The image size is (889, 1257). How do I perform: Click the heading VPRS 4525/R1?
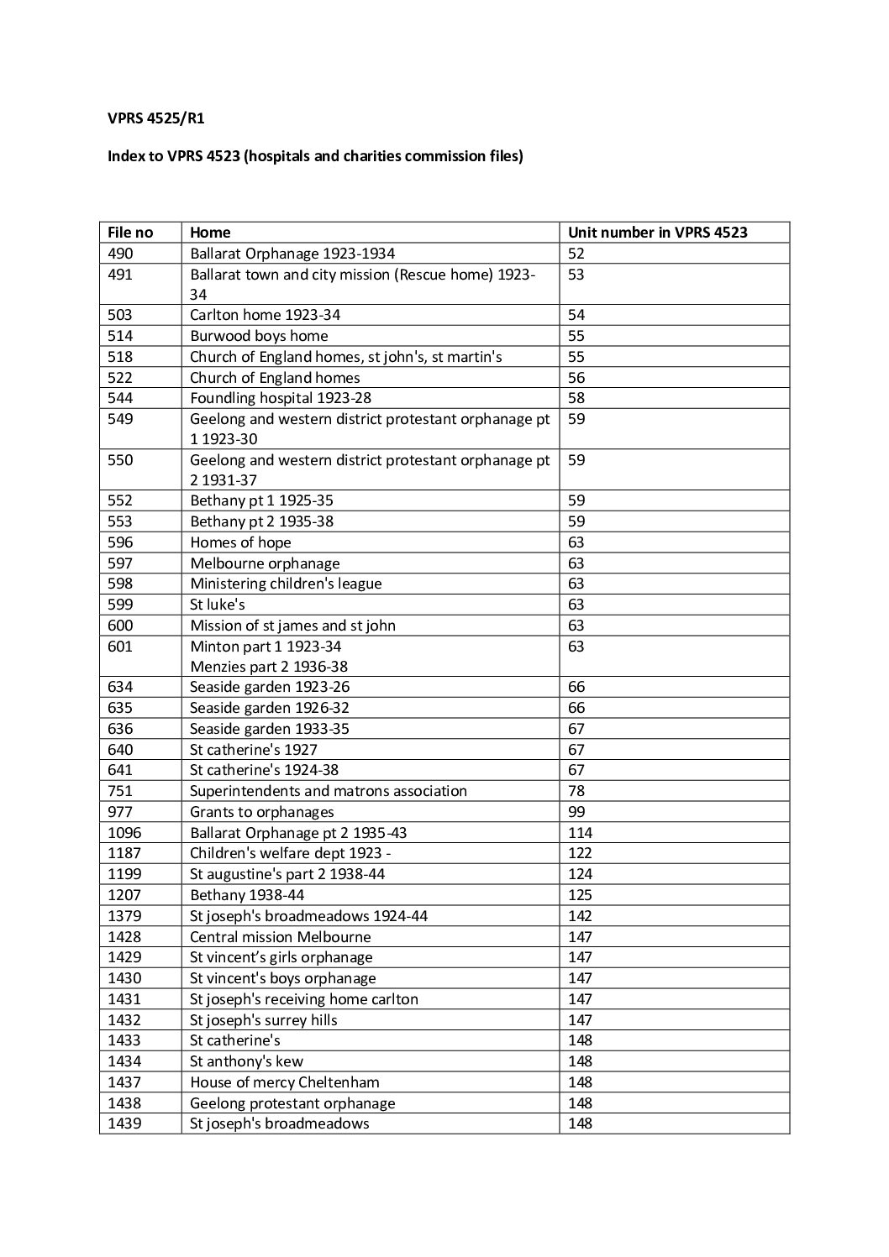(x=155, y=118)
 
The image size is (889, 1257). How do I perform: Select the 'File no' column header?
(x=130, y=233)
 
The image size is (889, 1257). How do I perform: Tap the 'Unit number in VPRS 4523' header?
(x=657, y=233)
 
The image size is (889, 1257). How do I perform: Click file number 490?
(x=120, y=254)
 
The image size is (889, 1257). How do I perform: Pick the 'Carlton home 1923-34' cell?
(x=265, y=315)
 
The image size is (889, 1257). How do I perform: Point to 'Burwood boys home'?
(x=259, y=336)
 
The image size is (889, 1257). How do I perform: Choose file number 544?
(x=120, y=398)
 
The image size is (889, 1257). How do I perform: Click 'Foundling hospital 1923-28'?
(x=281, y=398)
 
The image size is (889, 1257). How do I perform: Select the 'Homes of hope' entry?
(x=240, y=542)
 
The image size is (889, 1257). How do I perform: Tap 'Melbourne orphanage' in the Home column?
(x=265, y=563)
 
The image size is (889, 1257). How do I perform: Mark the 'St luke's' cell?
(x=218, y=605)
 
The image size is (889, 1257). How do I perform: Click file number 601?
(x=120, y=647)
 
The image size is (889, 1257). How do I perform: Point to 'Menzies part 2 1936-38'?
(x=269, y=667)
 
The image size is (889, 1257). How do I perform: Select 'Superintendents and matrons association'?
(x=328, y=791)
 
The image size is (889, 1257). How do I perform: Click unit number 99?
(x=576, y=812)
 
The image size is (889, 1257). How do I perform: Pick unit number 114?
(x=580, y=833)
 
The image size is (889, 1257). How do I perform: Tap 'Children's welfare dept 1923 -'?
(x=291, y=853)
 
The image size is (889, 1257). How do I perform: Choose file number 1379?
(x=124, y=916)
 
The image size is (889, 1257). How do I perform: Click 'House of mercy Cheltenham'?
(x=284, y=1082)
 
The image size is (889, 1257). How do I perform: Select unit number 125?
(x=580, y=895)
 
